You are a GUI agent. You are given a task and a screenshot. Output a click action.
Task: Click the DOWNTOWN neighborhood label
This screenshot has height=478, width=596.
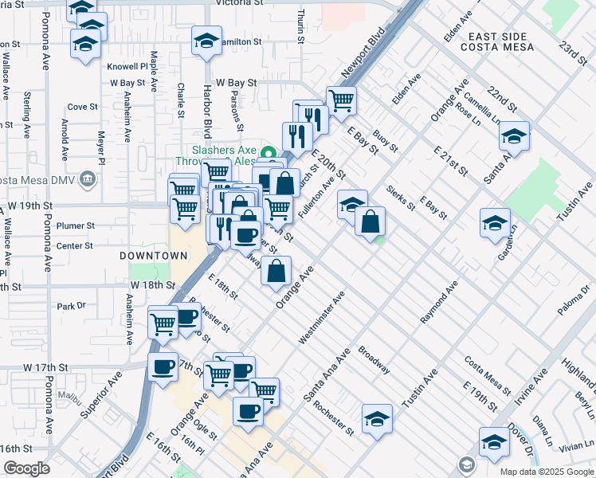[x=154, y=256]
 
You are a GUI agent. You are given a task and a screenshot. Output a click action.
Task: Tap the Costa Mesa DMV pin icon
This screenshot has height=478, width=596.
[x=88, y=180]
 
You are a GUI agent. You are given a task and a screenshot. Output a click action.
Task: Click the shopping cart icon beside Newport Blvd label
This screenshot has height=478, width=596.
[x=341, y=100]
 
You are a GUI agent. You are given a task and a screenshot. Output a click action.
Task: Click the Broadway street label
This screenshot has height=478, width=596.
[x=374, y=360]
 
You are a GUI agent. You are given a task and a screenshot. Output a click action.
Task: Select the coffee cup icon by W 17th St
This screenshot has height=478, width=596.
[x=163, y=367]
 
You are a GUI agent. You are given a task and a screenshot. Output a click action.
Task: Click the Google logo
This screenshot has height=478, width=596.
[x=26, y=468]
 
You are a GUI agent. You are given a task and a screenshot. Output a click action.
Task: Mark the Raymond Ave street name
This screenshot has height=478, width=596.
[x=440, y=302]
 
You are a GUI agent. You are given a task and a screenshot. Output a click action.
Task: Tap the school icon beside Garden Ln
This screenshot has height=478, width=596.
[x=495, y=222]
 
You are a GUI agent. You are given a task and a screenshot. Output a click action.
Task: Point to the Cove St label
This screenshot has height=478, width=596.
[x=82, y=106]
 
